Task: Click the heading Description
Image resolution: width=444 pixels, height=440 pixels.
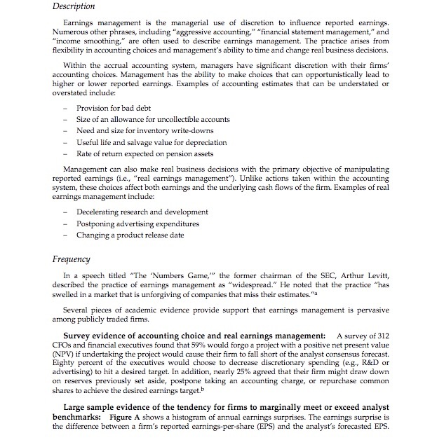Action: point(74,6)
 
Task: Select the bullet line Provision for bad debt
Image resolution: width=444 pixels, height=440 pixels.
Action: point(115,108)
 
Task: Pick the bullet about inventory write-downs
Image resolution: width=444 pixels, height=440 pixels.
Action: point(135,130)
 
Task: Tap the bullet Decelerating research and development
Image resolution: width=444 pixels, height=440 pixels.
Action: point(142,212)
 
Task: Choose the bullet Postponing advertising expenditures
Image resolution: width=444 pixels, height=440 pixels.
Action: point(137,224)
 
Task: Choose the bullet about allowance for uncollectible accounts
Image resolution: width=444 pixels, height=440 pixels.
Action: point(153,119)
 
